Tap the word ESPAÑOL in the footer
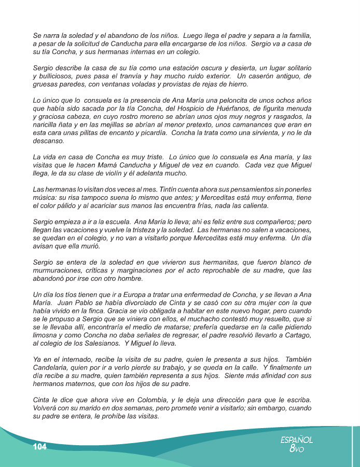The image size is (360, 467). click(297, 440)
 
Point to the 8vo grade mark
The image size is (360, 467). click(297, 449)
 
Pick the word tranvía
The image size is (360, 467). click(132, 77)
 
